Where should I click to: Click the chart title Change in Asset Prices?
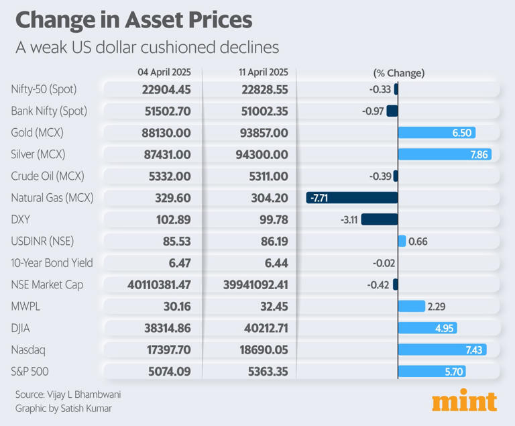click(133, 19)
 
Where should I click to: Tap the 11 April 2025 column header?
click(255, 72)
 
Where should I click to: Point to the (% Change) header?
click(398, 72)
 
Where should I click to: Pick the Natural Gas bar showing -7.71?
click(352, 198)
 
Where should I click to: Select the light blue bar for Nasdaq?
click(442, 350)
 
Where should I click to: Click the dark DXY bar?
click(380, 219)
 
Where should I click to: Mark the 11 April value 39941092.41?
click(255, 285)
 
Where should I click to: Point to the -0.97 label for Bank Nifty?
click(374, 111)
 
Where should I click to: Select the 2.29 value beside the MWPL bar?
click(437, 307)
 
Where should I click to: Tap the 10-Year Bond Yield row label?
click(52, 263)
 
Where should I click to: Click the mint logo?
click(464, 400)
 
